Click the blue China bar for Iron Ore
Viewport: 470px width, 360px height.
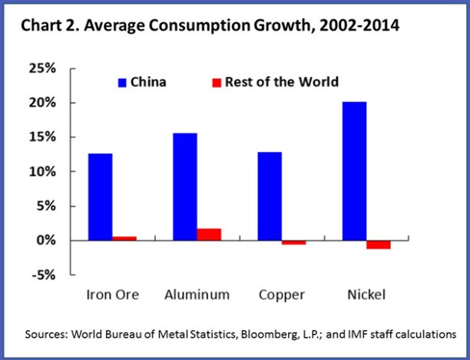tap(100, 197)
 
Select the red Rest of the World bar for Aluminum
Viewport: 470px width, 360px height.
tap(208, 234)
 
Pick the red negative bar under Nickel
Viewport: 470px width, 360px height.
tap(379, 244)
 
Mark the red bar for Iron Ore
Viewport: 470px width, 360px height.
tap(124, 238)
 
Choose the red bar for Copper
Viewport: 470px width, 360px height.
tap(293, 243)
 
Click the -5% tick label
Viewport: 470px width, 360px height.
tap(43, 275)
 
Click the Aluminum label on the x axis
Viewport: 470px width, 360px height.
tap(197, 295)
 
